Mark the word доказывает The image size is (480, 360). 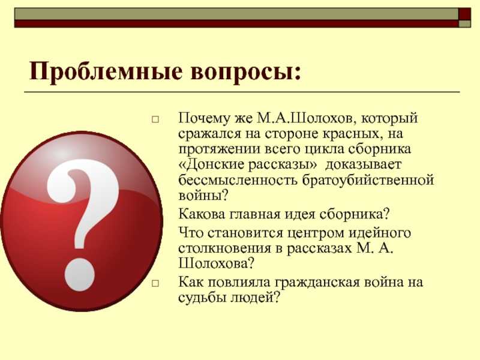[x=363, y=165]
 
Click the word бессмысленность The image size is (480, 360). [x=238, y=179]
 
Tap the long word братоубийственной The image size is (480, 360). [x=368, y=181]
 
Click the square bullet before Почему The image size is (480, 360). [x=155, y=119]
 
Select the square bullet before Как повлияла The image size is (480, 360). [x=155, y=283]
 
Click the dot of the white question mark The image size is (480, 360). [x=80, y=275]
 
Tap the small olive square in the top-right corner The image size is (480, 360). [x=464, y=24]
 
